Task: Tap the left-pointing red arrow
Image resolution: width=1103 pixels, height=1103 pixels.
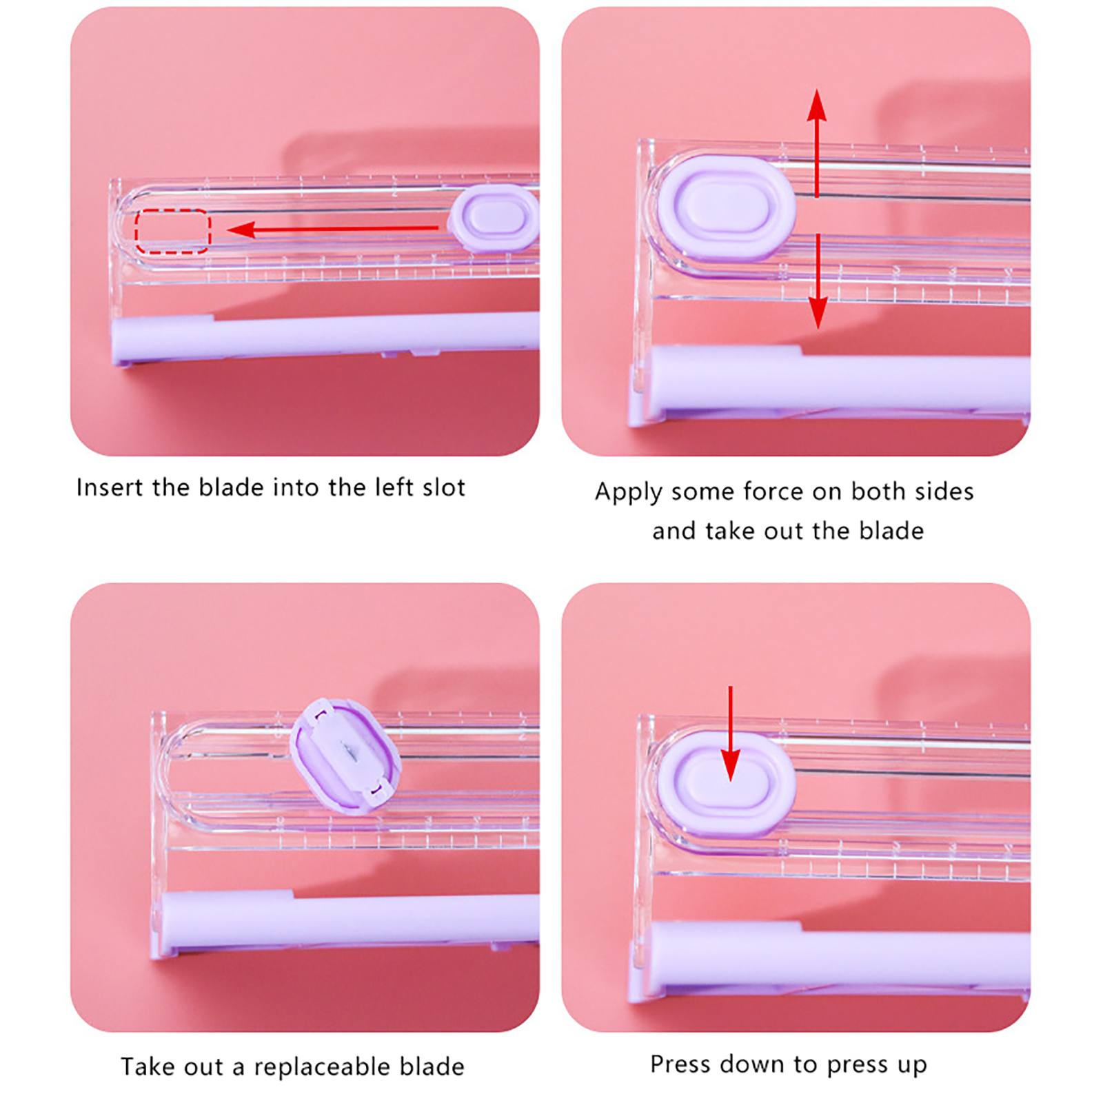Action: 332,229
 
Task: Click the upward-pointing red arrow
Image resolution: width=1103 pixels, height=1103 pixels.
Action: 817,143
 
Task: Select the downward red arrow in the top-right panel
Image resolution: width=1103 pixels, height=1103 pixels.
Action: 818,281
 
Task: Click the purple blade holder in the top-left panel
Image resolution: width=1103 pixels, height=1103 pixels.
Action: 494,218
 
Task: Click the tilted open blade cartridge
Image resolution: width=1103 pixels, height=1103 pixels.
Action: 345,756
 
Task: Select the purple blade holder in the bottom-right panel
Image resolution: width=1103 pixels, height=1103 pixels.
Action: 725,785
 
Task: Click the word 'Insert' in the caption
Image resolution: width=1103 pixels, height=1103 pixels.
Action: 110,487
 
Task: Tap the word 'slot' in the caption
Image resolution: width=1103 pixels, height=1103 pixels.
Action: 444,487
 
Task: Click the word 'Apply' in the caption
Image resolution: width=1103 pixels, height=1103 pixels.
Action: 628,492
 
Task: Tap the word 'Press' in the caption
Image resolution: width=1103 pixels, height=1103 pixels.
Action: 681,1064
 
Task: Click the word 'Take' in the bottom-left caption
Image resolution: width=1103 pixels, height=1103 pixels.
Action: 148,1066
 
